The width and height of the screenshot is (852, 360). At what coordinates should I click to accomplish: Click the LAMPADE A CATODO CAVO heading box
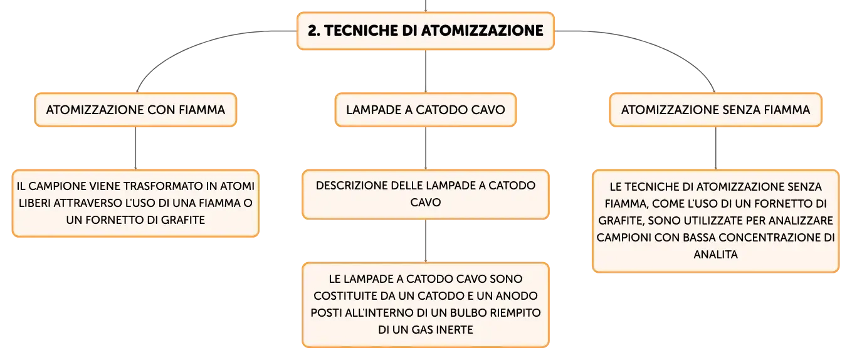[x=425, y=110]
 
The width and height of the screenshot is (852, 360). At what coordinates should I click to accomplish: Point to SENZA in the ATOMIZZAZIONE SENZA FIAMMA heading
[x=741, y=110]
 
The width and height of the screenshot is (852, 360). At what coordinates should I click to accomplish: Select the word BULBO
[x=468, y=313]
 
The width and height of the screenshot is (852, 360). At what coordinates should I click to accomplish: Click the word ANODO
[x=518, y=296]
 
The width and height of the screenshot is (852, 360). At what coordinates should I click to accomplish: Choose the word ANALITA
[x=715, y=255]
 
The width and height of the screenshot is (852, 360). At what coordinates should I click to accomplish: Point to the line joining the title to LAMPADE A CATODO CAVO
[x=426, y=71]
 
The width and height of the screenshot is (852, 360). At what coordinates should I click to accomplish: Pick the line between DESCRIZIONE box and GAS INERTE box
[x=426, y=240]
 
